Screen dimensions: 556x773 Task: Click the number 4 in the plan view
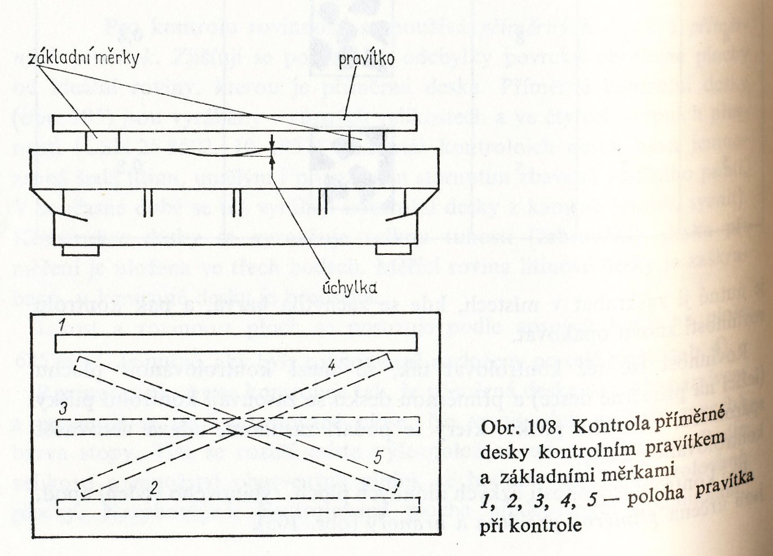point(332,365)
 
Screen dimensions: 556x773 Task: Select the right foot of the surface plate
point(393,249)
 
